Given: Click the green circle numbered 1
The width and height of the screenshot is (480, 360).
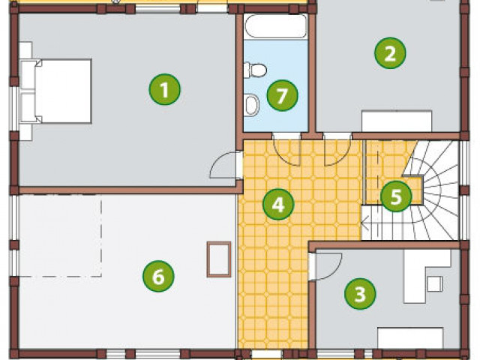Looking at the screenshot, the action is pyautogui.click(x=165, y=89).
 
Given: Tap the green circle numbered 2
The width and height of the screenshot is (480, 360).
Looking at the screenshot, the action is pyautogui.click(x=390, y=53).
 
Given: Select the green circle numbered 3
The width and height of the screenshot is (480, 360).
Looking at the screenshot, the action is pyautogui.click(x=360, y=294).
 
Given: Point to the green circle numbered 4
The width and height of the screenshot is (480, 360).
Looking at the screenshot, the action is pyautogui.click(x=278, y=204).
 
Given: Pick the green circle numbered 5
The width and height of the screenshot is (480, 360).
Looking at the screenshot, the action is pyautogui.click(x=396, y=196).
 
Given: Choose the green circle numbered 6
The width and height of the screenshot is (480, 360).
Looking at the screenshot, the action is pyautogui.click(x=158, y=276).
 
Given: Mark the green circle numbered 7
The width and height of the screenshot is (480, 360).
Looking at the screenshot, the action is pyautogui.click(x=282, y=95).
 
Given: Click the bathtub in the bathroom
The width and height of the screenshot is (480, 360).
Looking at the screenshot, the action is pyautogui.click(x=275, y=26).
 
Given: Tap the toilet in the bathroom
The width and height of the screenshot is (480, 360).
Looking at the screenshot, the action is pyautogui.click(x=255, y=70).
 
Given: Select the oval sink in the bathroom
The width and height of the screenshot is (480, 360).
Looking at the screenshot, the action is pyautogui.click(x=252, y=105).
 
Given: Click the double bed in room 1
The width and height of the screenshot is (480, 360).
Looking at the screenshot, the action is pyautogui.click(x=56, y=91).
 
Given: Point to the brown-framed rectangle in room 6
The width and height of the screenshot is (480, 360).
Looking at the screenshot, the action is pyautogui.click(x=219, y=259).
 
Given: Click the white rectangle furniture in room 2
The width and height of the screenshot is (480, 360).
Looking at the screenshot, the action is pyautogui.click(x=397, y=121).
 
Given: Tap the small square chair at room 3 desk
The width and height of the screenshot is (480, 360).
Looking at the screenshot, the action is pyautogui.click(x=435, y=283).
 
